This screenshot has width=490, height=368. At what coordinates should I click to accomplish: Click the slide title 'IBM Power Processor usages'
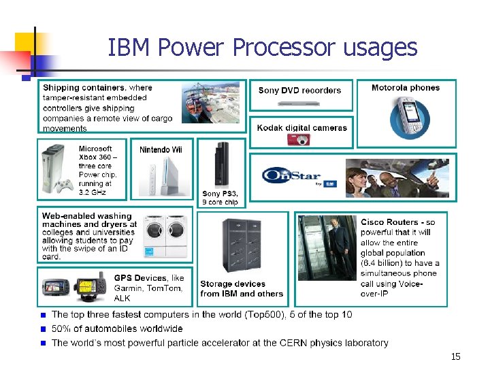coord(262,48)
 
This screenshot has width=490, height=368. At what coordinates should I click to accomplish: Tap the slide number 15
coord(455,356)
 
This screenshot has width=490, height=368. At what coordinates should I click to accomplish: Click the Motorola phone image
coord(410,118)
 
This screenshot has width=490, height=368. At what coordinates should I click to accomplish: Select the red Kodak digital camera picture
coord(299,139)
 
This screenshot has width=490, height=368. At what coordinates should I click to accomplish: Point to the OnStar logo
coord(291,176)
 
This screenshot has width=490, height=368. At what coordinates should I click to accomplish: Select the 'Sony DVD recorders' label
coord(299,90)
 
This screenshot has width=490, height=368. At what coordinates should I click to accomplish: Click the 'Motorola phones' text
coord(406,87)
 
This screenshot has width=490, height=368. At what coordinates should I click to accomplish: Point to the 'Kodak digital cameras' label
coord(302,127)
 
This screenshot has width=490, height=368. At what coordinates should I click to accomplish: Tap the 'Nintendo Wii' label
coord(161,149)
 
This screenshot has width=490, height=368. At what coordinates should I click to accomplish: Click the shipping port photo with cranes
coord(210,103)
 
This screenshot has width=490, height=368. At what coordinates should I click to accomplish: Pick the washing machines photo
coord(165,236)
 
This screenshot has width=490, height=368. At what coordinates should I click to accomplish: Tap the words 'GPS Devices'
coord(140,278)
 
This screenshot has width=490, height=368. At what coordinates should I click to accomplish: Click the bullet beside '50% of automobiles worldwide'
coord(42,329)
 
